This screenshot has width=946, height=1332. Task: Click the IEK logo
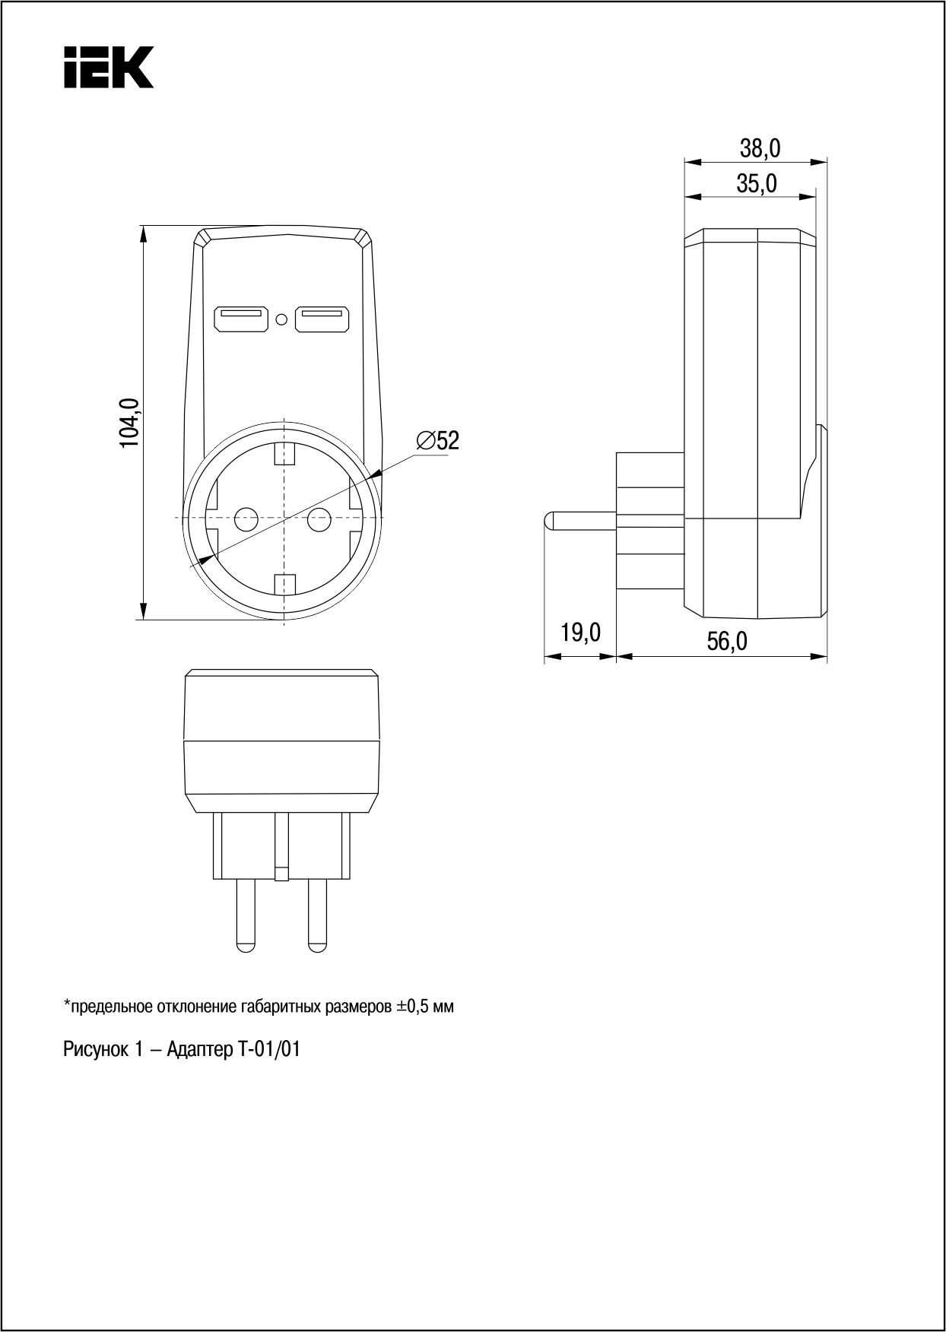(x=109, y=67)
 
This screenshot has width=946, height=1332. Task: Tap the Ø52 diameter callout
(x=438, y=440)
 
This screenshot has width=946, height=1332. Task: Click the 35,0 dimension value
(x=757, y=183)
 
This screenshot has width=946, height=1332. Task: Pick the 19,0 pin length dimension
(x=581, y=633)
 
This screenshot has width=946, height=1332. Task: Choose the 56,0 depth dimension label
(x=728, y=642)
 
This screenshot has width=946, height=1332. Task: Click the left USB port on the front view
(x=242, y=319)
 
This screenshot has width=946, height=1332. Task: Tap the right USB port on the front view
(x=322, y=319)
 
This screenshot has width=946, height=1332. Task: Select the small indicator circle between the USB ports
(x=282, y=320)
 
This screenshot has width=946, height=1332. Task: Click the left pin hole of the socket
(x=246, y=520)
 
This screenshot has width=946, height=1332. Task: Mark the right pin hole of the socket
(x=318, y=520)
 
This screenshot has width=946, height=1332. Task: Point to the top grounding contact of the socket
(x=284, y=454)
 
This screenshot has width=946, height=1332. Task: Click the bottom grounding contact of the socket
(x=284, y=585)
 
